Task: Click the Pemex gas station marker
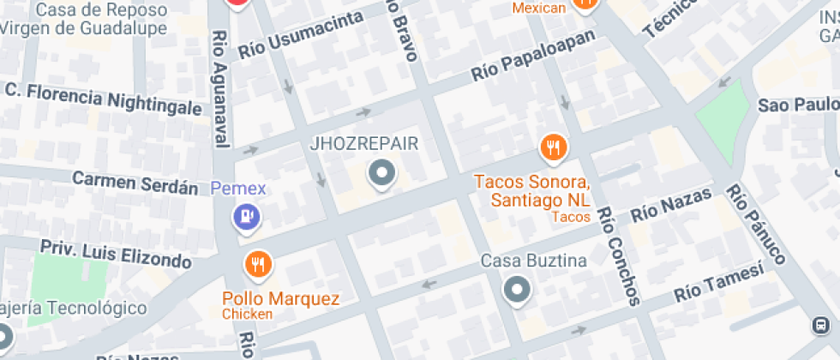[x=247, y=218]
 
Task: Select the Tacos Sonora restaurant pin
[x=555, y=149]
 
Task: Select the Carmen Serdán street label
[x=135, y=182]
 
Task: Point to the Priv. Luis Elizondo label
[x=116, y=253]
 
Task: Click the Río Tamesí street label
[x=718, y=283]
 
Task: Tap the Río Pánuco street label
[x=755, y=224]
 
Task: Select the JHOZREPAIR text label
[x=363, y=144]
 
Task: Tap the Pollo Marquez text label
[x=281, y=299]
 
